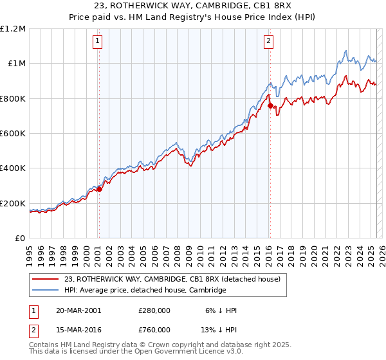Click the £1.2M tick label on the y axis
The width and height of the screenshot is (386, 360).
13,28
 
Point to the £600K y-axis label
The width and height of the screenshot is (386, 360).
13,133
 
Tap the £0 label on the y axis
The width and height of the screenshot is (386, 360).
19,238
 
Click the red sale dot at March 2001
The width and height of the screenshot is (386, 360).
99,190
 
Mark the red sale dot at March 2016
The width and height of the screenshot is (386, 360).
270,105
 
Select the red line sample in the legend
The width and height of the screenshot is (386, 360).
45,280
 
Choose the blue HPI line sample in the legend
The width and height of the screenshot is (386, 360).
45,291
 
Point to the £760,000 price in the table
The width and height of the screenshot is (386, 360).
154,330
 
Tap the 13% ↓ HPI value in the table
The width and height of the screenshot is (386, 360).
220,330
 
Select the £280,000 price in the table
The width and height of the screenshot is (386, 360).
154,310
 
